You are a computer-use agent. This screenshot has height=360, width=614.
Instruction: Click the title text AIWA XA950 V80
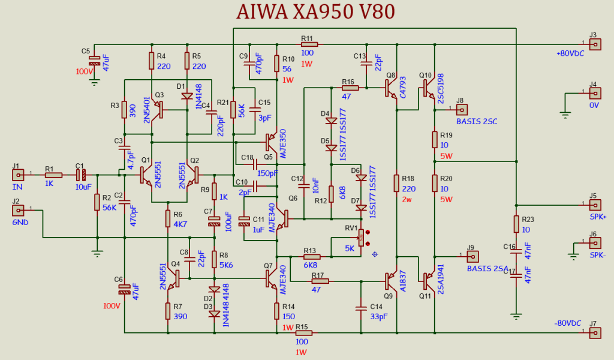pos(315,12)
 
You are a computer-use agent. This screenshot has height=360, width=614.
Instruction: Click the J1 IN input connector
pos(19,175)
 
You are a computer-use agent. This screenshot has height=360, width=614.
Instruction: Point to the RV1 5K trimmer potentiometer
pos(360,238)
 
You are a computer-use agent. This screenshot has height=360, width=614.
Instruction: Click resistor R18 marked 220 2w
pos(396,183)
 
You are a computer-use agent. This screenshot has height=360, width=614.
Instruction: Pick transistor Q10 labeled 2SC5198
pos(431,88)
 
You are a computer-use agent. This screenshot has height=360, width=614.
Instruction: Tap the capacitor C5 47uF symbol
pos(94,61)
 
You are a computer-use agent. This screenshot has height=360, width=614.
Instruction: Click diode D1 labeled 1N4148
pos(187,96)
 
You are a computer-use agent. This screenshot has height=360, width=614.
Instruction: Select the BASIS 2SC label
pos(477,121)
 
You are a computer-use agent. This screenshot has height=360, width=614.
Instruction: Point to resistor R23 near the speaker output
pos(516,224)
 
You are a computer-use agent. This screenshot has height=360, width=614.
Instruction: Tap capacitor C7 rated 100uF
pos(214,221)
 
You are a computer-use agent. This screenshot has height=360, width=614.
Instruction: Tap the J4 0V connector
pos(594,93)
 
